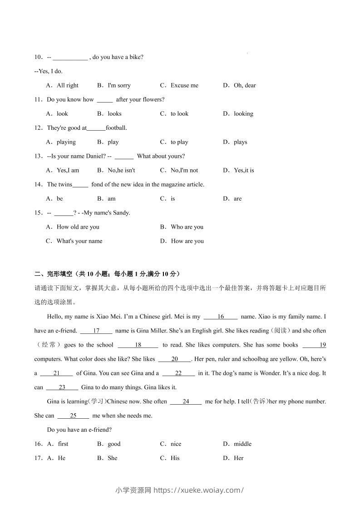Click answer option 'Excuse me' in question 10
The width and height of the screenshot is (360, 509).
184,85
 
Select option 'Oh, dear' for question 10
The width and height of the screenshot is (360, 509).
245,85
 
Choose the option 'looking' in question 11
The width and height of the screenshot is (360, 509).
243,113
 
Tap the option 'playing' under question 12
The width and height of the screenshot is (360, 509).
66,142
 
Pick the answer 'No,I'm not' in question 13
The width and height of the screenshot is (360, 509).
184,170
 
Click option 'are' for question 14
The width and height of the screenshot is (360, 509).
237,199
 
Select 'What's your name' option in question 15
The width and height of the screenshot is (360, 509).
79,241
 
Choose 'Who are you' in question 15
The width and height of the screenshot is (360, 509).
187,227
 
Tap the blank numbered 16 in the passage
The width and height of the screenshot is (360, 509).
221,317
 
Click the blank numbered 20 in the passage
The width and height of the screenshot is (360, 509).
174,359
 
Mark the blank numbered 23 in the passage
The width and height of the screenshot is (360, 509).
62,387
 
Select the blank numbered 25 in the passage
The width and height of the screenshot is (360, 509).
73,416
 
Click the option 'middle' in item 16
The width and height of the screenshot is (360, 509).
242,444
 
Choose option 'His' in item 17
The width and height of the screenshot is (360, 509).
175,458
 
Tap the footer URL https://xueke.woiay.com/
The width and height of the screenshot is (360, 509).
199,490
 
